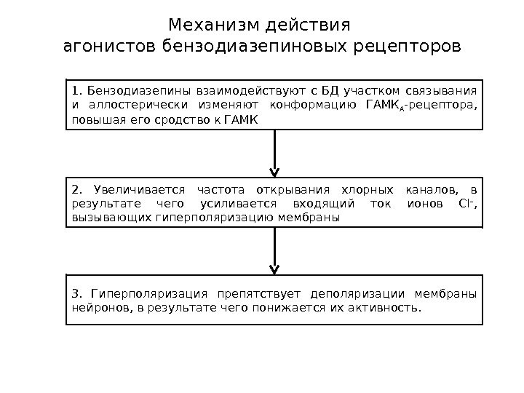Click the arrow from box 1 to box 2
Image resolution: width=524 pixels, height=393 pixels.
tap(274, 153)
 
